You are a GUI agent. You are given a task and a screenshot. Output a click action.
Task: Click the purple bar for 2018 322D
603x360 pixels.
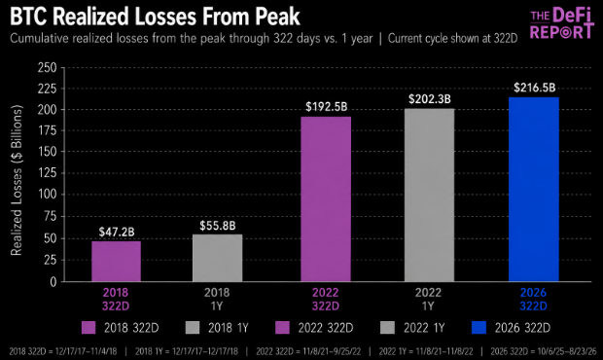[116, 262]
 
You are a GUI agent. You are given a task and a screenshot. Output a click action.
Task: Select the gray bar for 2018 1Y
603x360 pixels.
[217, 258]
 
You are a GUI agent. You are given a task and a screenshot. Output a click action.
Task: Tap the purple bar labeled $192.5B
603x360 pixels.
[326, 199]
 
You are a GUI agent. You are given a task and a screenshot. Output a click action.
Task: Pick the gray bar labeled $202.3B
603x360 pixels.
[429, 195]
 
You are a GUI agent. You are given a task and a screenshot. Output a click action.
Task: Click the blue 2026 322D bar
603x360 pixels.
[534, 189]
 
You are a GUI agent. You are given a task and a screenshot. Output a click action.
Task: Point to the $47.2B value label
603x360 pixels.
[117, 232]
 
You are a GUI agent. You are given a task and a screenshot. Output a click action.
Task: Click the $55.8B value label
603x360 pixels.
[217, 226]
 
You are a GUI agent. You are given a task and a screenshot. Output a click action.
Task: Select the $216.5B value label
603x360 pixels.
[535, 88]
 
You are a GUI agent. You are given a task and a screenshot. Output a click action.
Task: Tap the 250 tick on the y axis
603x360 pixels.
[47, 68]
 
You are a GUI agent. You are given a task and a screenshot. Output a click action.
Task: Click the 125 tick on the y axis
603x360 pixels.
[48, 172]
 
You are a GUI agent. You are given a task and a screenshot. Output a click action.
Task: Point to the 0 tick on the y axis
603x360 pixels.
[53, 282]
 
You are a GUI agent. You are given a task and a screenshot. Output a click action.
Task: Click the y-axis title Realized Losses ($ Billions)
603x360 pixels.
[17, 180]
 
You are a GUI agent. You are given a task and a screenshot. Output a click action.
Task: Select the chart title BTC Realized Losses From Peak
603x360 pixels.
[155, 17]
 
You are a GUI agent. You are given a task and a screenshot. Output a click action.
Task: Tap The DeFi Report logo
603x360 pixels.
[561, 24]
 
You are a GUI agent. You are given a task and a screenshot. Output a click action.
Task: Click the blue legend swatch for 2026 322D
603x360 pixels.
[479, 328]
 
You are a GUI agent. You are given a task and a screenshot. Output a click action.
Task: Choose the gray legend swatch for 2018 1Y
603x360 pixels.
[193, 328]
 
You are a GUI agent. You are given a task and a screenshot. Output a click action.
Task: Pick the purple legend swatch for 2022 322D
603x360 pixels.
[283, 328]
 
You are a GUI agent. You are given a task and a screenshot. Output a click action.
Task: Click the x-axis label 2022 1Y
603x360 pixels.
[428, 300]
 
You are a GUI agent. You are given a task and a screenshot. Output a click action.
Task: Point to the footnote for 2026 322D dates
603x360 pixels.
[544, 351]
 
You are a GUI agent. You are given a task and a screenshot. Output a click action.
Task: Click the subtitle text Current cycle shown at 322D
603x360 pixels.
[452, 39]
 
